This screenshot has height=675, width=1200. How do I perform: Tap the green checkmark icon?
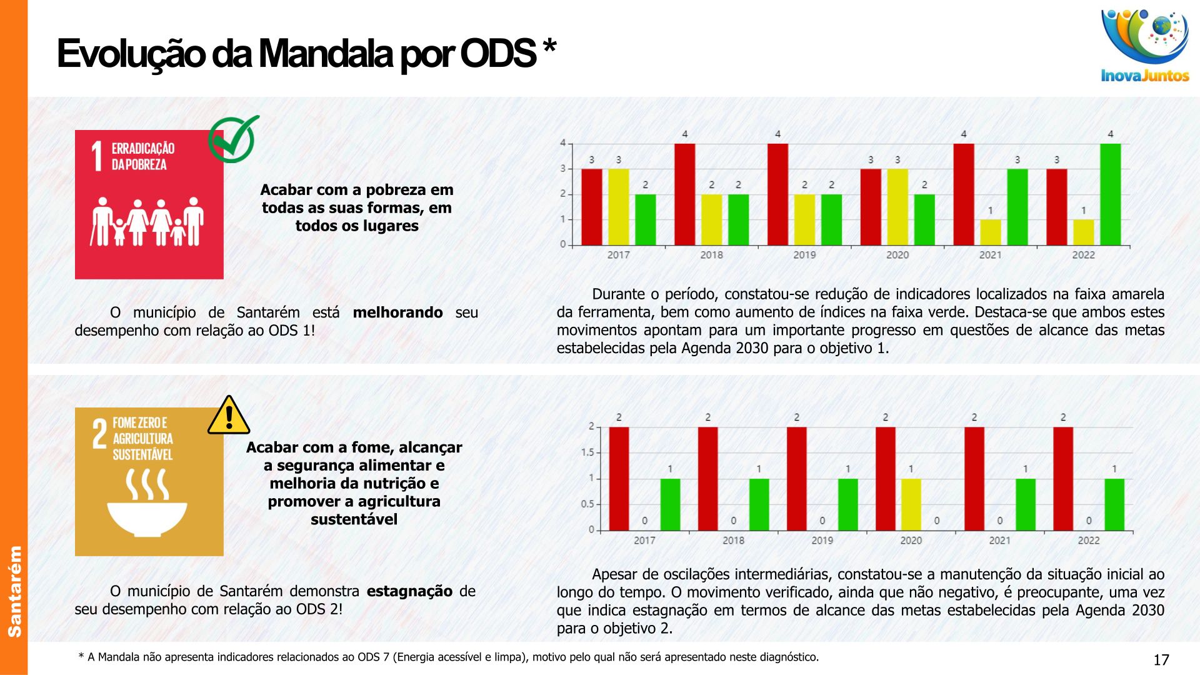coord(232,139)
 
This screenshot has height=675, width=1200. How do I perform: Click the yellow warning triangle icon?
coord(229,416)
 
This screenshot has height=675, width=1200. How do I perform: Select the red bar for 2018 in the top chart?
coord(684,194)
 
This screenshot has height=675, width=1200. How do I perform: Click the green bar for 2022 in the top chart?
coord(1110,194)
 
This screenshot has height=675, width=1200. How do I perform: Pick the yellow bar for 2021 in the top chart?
coord(990,232)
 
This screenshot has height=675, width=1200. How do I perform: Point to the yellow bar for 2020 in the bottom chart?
coord(911,504)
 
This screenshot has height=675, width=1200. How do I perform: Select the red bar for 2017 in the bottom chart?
coord(619,479)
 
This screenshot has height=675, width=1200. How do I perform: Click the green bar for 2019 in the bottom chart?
coord(847,504)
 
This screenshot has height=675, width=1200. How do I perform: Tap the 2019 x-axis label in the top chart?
coord(804,255)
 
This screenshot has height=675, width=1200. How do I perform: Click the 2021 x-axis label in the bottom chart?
coord(999,541)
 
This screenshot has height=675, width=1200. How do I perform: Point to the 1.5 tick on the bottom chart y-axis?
coord(587,452)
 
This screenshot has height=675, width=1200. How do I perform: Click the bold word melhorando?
coord(397,312)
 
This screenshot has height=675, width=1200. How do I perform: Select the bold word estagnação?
coord(409,591)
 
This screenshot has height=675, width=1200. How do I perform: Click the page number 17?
coord(1161,660)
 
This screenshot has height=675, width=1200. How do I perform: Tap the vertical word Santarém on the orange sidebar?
coord(14,591)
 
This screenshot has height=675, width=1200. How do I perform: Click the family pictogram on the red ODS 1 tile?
coord(147,222)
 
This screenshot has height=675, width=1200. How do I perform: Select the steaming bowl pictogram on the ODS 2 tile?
coord(147,503)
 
